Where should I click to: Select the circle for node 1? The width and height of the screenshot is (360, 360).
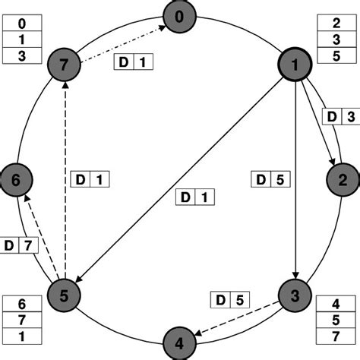coord(293,67)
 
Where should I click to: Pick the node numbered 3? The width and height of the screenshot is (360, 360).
coord(293,294)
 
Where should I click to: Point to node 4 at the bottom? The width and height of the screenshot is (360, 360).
coord(180,342)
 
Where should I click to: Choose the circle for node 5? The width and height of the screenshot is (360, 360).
coord(65,295)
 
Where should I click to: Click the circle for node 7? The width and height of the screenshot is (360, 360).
coord(65,66)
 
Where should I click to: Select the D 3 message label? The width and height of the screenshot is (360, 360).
coord(338,116)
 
